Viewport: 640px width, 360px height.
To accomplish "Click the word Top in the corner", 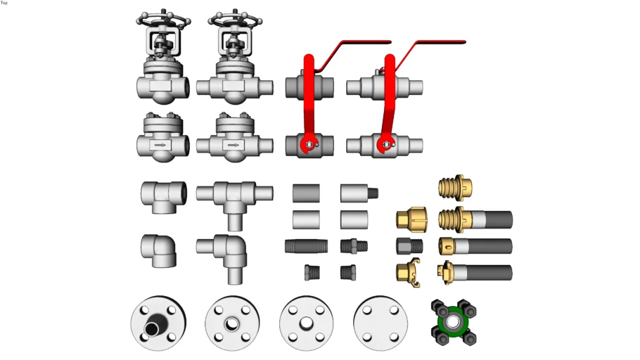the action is point(4,3).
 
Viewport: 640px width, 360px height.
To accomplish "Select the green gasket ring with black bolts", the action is point(454,322).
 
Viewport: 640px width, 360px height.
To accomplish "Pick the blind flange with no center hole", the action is point(380,323).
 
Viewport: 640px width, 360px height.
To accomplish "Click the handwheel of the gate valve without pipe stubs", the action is point(163,20).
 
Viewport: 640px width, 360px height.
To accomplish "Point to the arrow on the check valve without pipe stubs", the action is point(160,145).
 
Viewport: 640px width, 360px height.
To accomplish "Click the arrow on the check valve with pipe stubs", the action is point(233,145).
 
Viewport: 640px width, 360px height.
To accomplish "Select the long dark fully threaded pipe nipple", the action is point(306,246).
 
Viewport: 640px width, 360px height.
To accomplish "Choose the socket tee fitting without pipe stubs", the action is point(164,197).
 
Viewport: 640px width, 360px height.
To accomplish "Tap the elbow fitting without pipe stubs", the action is point(159,250).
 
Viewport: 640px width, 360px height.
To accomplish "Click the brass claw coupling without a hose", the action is point(409,273).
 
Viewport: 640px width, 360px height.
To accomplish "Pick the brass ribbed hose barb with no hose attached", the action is point(456,188).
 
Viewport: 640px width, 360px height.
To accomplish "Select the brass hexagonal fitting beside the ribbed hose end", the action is point(412,219).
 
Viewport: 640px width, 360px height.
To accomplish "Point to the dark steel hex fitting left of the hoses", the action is point(409,246).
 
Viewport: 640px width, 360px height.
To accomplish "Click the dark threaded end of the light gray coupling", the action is point(373,193).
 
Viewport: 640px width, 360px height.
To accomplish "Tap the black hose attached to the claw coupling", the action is point(491,273).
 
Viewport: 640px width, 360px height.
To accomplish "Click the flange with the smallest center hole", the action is point(232,323).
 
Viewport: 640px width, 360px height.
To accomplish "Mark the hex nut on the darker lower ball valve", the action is point(309,144).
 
